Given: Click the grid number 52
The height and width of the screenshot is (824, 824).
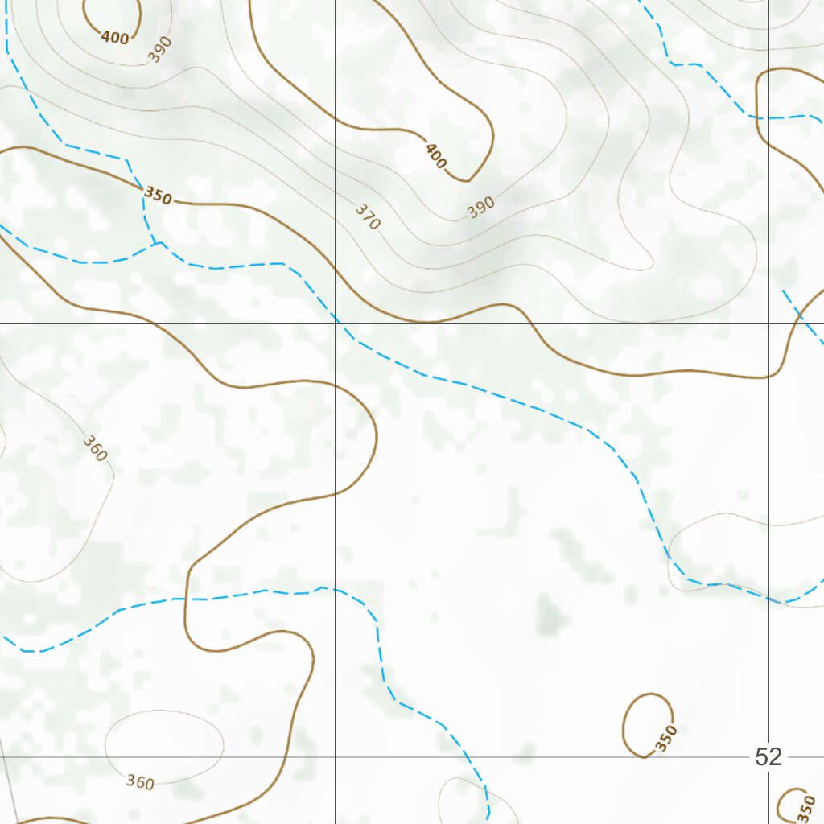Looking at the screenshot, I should click(x=768, y=756).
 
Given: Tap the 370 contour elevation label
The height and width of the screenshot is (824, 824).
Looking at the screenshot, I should click(x=367, y=217).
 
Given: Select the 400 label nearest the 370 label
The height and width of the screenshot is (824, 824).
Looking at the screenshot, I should click(x=435, y=155).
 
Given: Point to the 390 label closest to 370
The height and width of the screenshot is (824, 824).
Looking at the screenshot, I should click(x=480, y=208).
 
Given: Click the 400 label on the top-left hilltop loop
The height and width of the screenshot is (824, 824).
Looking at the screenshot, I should click(x=113, y=37).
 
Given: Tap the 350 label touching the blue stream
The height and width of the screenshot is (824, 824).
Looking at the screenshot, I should click(x=157, y=196).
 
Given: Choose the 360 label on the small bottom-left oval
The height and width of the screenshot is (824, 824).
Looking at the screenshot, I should click(x=140, y=781).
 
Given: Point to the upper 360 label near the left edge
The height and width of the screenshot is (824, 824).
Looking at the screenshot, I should click(x=95, y=449).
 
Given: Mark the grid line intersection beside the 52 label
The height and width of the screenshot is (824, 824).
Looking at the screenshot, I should click(x=768, y=757).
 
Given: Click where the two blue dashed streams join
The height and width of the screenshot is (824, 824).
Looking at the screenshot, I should click(x=159, y=241).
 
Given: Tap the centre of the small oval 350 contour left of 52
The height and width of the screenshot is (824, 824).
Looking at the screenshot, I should click(x=646, y=724).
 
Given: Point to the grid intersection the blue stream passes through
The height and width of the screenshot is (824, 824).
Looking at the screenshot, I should click(x=336, y=323).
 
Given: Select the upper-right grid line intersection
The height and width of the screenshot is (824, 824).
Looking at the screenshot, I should click(x=768, y=323).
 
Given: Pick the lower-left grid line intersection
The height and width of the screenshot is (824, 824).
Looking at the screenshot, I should click(x=336, y=757).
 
